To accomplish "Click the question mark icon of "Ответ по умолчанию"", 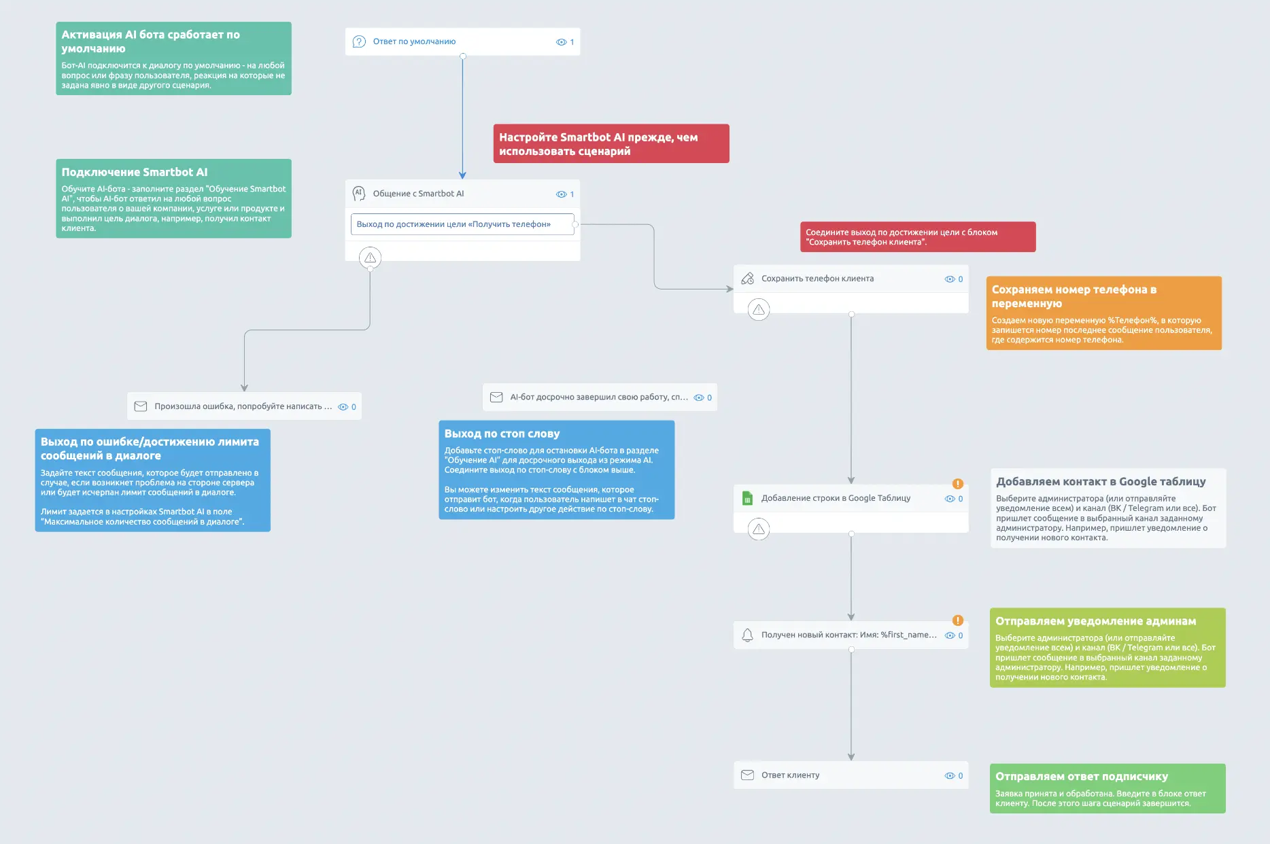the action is click(x=359, y=41).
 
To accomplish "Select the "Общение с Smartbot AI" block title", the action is click(x=418, y=194).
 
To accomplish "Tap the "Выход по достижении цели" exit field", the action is click(x=462, y=224).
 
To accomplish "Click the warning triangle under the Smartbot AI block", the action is click(x=370, y=258).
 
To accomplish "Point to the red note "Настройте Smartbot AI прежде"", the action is click(x=611, y=143).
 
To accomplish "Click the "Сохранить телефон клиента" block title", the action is click(x=817, y=279).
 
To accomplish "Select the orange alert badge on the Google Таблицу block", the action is click(x=958, y=484).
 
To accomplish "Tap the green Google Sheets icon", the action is click(x=747, y=498).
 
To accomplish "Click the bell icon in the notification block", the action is click(x=747, y=635).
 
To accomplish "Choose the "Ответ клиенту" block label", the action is click(x=790, y=775).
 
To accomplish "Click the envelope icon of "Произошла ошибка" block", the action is click(x=141, y=406).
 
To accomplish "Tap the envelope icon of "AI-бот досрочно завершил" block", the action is click(x=496, y=398).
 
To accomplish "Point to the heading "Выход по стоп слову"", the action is click(x=502, y=434).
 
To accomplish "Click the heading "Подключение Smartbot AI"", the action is click(x=135, y=172).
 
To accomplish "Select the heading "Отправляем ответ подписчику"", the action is click(x=1082, y=776).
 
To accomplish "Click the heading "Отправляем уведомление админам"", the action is click(x=1095, y=621).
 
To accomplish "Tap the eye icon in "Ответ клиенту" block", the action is click(x=950, y=776).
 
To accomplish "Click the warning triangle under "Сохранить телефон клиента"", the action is click(x=759, y=310).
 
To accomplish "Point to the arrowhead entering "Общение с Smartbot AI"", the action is click(x=462, y=175).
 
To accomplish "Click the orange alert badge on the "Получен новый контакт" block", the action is click(x=958, y=620).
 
